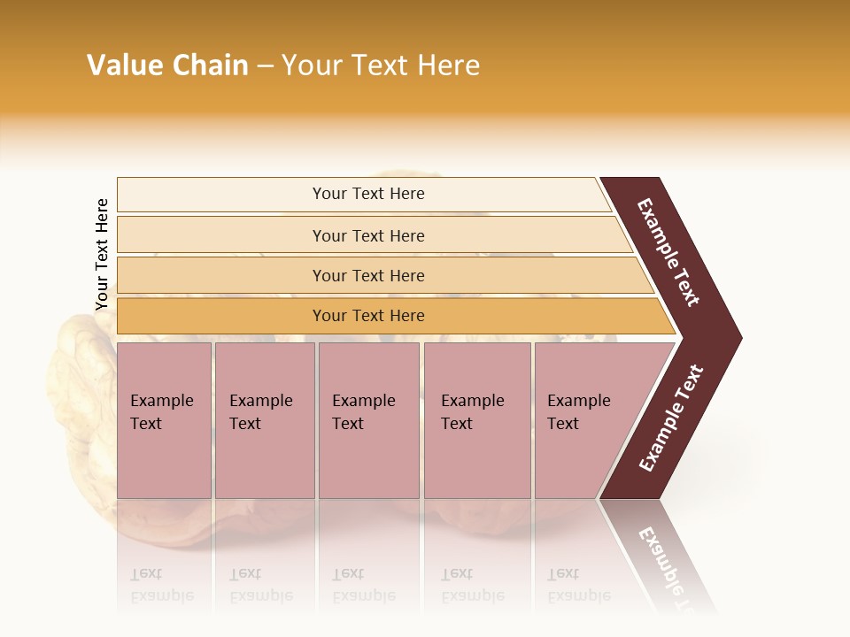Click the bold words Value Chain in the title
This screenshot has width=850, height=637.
click(x=167, y=65)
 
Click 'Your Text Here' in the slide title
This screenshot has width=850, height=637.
click(x=381, y=65)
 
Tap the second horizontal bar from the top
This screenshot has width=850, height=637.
click(x=368, y=235)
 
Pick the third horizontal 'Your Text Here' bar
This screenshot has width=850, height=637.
click(x=368, y=275)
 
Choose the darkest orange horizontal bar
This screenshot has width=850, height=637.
click(x=368, y=316)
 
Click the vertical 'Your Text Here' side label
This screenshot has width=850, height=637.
click(x=102, y=255)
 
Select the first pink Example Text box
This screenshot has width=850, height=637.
click(x=164, y=419)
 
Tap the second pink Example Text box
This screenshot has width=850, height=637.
click(x=264, y=419)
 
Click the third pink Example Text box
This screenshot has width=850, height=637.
click(x=368, y=419)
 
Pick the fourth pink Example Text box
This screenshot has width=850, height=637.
click(x=476, y=419)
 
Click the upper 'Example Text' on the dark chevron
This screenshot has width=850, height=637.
click(x=668, y=252)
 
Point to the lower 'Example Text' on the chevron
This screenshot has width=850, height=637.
click(x=672, y=418)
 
